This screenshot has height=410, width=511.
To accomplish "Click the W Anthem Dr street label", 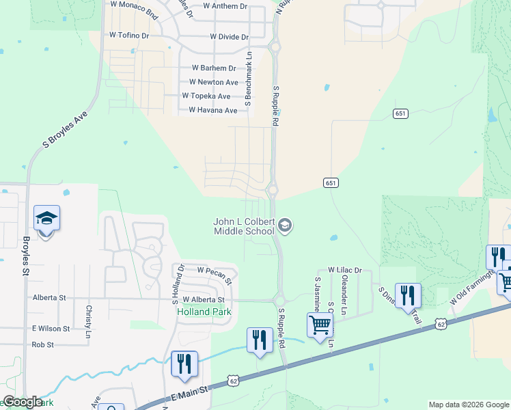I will pyautogui.click(x=225, y=6).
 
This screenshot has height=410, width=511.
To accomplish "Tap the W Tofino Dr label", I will pyautogui.click(x=129, y=35).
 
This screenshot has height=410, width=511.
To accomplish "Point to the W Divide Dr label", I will pyautogui.click(x=230, y=36).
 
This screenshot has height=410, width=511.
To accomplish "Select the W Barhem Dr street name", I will pyautogui.click(x=214, y=68).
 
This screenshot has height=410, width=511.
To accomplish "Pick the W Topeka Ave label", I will pyautogui.click(x=206, y=96).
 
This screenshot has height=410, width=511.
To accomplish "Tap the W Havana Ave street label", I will pyautogui.click(x=213, y=110).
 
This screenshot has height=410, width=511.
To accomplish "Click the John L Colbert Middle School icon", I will pyautogui.click(x=286, y=225).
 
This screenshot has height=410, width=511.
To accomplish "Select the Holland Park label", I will pyautogui.click(x=204, y=312).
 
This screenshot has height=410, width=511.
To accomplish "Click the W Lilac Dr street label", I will pyautogui.click(x=344, y=271).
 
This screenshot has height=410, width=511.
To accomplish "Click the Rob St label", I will pyautogui.click(x=42, y=345).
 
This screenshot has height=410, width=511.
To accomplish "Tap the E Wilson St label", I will pyautogui.click(x=51, y=329).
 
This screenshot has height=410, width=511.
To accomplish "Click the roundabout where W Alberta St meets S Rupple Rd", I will pyautogui.click(x=279, y=299).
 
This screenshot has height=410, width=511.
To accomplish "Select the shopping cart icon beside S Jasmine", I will pyautogui.click(x=320, y=326).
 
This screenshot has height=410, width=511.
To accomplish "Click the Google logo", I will pyautogui.click(x=23, y=402).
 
